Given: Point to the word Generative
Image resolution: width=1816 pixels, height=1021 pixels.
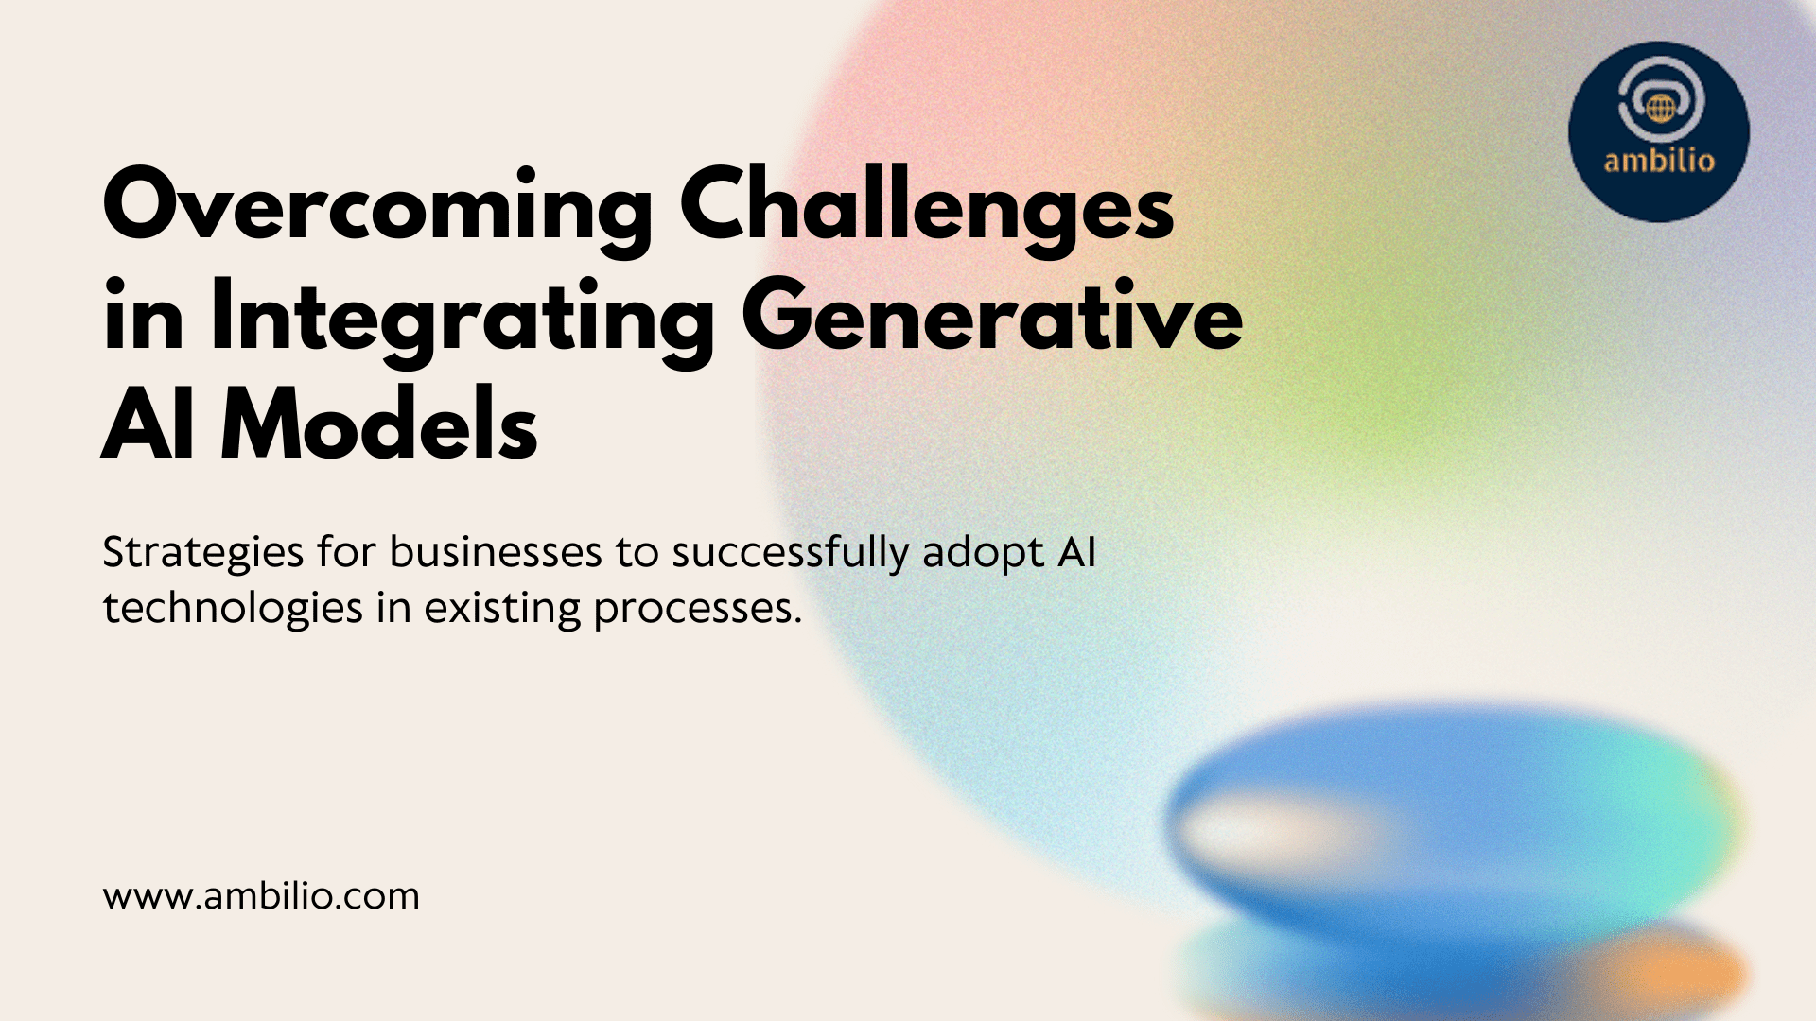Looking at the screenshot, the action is point(992,318).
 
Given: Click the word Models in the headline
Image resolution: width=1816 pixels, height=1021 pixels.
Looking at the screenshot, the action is point(379,426).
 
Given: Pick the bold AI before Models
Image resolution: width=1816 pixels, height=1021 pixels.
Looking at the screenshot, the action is point(148,426).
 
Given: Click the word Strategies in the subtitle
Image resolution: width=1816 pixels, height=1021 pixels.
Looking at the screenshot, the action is point(203,554).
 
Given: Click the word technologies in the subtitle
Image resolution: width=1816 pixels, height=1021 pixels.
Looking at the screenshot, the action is point(233,609).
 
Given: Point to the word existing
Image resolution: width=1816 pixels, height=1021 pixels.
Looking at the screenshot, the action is point(502,609).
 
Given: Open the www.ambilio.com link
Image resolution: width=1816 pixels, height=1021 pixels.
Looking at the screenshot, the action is point(261,895).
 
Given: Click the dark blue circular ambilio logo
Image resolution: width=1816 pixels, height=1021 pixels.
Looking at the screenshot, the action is point(1659,131).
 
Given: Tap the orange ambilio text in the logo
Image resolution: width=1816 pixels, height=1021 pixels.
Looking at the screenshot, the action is point(1659,161).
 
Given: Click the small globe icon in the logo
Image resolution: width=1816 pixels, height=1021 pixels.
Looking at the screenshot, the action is point(1660,108).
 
